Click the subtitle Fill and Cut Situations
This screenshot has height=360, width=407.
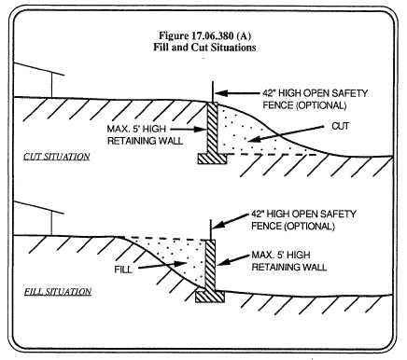[x=204, y=48]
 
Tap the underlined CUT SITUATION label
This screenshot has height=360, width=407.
[x=57, y=157]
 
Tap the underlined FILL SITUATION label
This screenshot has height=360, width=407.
[x=58, y=292]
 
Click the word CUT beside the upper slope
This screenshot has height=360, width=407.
[x=341, y=126]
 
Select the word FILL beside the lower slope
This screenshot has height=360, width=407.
[x=123, y=270]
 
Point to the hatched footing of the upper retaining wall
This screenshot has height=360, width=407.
[x=212, y=159]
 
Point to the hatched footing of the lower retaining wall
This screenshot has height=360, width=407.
[x=210, y=297]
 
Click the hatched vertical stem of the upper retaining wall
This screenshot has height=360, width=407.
[x=212, y=129]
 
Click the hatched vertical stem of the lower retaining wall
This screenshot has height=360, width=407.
[x=210, y=266]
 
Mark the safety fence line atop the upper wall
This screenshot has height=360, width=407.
[x=213, y=92]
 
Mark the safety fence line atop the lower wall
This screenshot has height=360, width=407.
[x=211, y=229]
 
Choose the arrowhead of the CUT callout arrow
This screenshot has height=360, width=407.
[x=254, y=140]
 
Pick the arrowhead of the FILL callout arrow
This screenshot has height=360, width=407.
[x=180, y=264]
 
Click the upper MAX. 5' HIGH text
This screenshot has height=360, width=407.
[x=136, y=129]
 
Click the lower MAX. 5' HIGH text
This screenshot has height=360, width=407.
[x=281, y=255]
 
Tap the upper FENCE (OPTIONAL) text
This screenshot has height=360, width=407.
[x=304, y=105]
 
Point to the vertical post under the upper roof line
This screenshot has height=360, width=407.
[x=51, y=85]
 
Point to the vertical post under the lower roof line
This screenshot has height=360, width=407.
[x=51, y=223]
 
